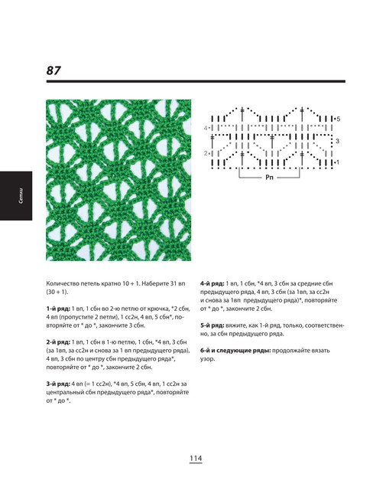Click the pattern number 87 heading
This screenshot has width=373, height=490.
(54, 70)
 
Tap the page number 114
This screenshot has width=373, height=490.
(196, 458)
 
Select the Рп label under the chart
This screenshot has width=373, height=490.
(269, 178)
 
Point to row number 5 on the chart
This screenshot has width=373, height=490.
(338, 119)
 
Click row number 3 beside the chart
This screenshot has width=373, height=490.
(337, 141)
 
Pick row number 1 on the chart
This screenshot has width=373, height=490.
(338, 162)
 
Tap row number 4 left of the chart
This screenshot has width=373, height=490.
(206, 128)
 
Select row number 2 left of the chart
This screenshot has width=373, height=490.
(206, 153)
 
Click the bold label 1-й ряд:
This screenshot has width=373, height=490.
(58, 309)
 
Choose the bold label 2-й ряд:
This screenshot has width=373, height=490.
(58, 342)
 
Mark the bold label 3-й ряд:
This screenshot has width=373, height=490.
(58, 384)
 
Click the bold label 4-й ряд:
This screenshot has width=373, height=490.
(212, 283)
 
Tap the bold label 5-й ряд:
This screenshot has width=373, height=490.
(212, 325)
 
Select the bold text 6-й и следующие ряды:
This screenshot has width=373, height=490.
(235, 351)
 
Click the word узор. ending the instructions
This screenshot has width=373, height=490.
(207, 359)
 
